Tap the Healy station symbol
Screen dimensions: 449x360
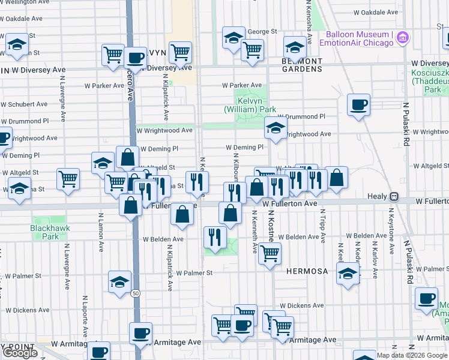[x=394, y=196]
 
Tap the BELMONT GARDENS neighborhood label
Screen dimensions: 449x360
[x=302, y=65]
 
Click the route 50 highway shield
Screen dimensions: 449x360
[x=136, y=293]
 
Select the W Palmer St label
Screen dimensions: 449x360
[x=194, y=272]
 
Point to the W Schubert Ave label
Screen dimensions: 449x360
[x=24, y=104]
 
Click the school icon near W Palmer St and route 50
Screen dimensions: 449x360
[x=119, y=281]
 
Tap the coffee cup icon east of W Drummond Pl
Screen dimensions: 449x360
[x=359, y=105]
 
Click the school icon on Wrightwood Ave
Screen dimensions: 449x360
[x=276, y=127]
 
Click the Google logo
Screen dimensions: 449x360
[x=20, y=353]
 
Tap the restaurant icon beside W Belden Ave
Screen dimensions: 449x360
[x=215, y=236]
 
